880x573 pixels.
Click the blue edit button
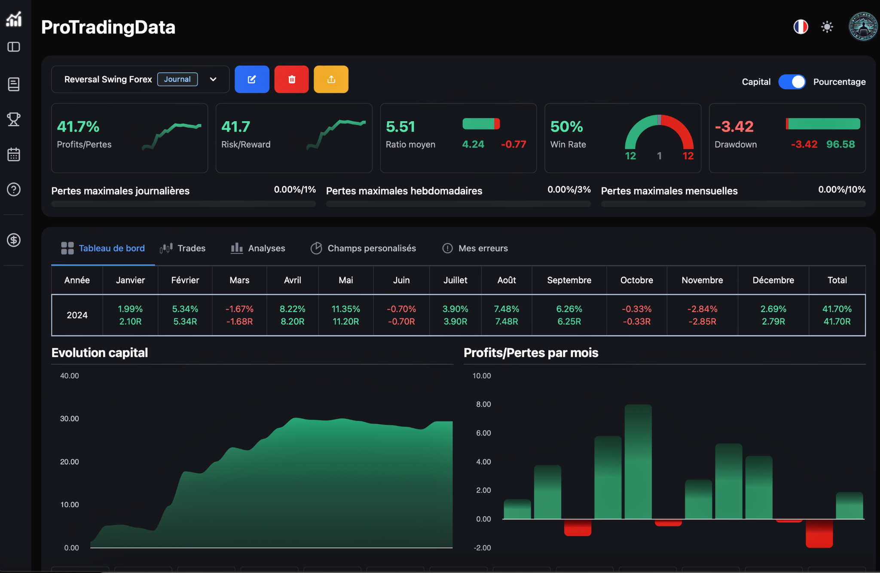click(x=252, y=80)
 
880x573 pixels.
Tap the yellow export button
click(x=331, y=80)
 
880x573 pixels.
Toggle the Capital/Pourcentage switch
click(x=792, y=82)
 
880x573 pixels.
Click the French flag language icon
click(x=801, y=27)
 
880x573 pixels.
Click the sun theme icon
click(x=827, y=27)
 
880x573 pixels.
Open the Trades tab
click(x=183, y=248)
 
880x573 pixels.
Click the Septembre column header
click(x=569, y=280)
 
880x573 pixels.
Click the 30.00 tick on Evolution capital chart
click(x=69, y=419)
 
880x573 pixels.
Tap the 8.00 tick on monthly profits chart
click(x=483, y=404)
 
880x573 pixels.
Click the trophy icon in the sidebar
click(x=14, y=119)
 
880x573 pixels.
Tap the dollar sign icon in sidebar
click(x=14, y=240)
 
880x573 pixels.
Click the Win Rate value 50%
click(x=566, y=127)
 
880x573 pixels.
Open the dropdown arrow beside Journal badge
click(x=213, y=80)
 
